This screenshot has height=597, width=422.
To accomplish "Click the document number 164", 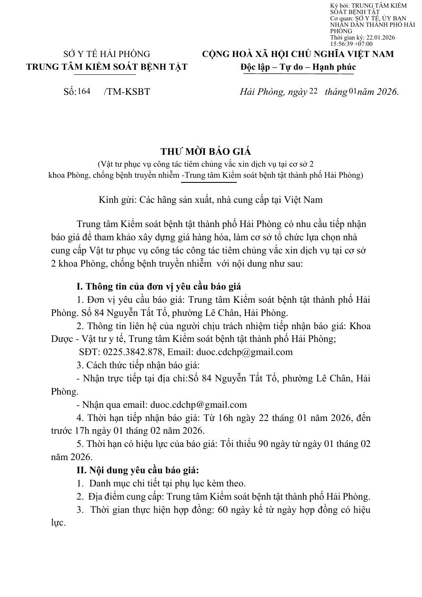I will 84,91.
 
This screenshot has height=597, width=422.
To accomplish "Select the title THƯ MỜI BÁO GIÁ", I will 206,152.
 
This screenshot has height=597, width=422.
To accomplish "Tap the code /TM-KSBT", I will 127,91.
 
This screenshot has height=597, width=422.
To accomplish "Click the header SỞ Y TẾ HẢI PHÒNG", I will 107,54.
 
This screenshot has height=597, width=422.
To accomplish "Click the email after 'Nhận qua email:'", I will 198,405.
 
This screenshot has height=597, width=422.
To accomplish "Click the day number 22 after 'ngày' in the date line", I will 314,91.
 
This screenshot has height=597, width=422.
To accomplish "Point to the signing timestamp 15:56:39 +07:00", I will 351,44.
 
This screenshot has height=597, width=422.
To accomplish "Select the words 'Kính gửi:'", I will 116,199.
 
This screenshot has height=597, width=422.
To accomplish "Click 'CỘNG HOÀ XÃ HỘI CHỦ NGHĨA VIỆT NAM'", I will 297,54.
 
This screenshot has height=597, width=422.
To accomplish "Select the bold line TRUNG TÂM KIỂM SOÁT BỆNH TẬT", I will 107,67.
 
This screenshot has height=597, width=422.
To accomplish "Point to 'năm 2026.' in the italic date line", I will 378,91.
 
